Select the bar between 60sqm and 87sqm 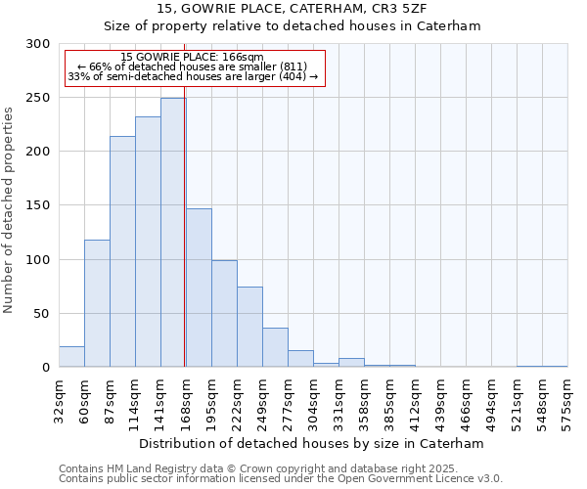(x=97, y=303)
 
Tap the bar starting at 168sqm (x=199, y=288)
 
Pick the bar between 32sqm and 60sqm (x=71, y=357)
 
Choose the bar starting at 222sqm (x=249, y=327)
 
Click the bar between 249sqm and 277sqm (x=275, y=347)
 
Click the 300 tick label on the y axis (x=38, y=44)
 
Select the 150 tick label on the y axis (x=38, y=205)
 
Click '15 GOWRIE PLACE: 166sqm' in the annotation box (x=192, y=58)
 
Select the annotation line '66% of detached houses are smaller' (x=192, y=67)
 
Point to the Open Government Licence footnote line (x=281, y=479)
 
